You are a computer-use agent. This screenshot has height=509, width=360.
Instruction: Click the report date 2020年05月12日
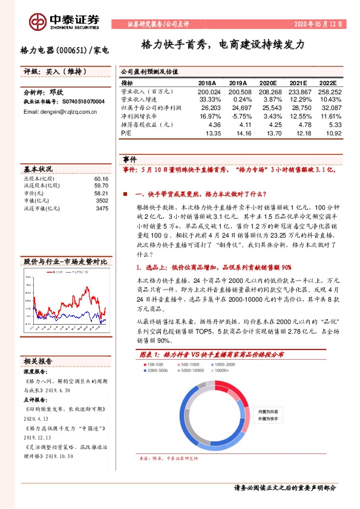pos(317,25)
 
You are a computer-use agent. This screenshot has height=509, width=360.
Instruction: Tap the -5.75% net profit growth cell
pos(240,115)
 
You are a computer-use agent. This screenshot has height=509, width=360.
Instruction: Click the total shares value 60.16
pos(101,179)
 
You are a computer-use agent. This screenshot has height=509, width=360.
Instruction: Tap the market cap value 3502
pos(102,201)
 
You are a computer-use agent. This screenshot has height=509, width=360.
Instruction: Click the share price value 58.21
pos(101,193)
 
